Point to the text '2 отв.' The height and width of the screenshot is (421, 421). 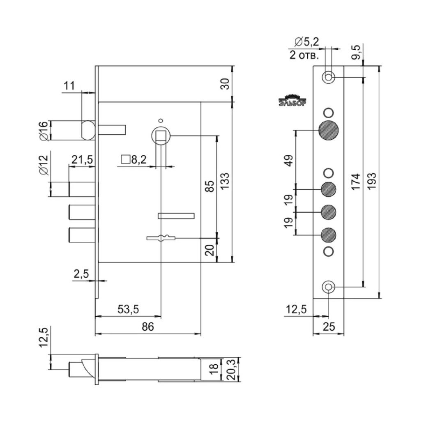tap(304, 55)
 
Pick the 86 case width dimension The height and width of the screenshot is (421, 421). tap(147, 327)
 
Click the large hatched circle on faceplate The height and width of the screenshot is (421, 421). tap(329, 131)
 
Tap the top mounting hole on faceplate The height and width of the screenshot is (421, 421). tap(329, 77)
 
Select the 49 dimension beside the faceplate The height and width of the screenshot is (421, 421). tap(290, 160)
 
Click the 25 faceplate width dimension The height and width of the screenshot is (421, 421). tap(328, 327)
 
